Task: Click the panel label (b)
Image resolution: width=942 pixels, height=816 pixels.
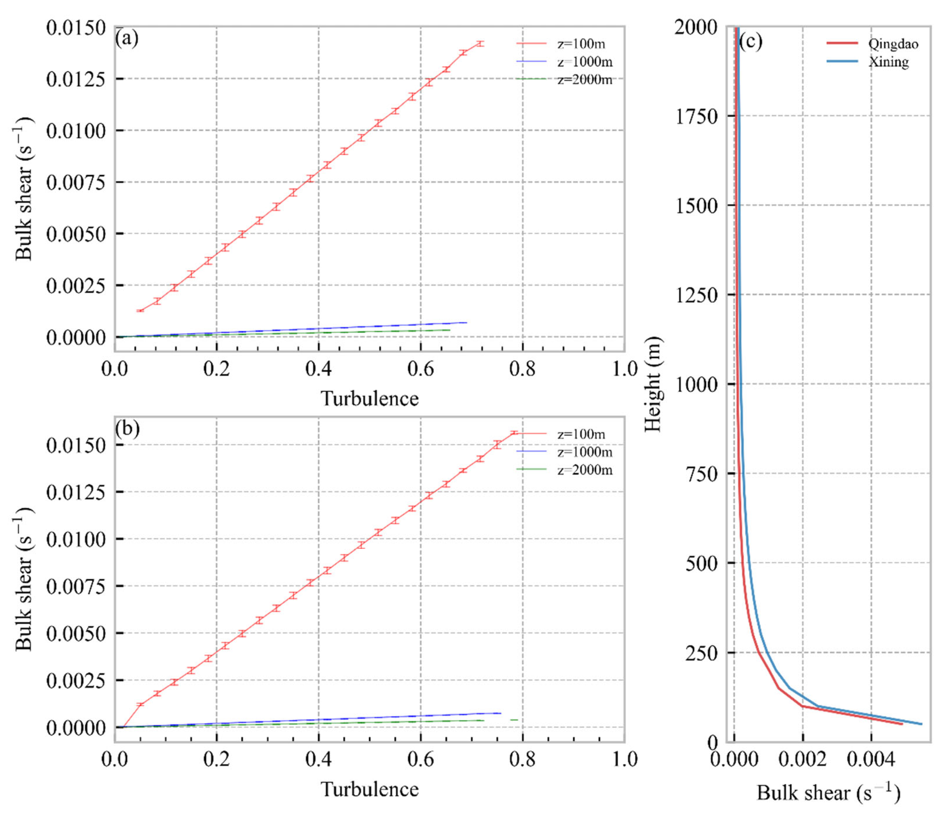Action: pos(127,428)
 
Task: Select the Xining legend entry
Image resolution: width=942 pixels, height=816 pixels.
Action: pos(888,62)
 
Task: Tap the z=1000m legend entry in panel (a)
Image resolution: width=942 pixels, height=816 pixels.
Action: pos(585,62)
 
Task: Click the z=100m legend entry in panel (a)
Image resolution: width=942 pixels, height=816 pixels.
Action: pos(581,44)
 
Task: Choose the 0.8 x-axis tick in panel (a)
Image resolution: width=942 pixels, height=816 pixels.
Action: pos(523,368)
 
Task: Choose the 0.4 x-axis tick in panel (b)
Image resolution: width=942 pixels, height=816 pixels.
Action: pos(318,758)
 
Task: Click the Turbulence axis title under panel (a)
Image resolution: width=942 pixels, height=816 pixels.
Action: pos(369,399)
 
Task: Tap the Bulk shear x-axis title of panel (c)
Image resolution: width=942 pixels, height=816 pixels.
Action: pos(828,793)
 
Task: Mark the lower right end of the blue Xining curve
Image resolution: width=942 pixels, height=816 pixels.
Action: pos(921,724)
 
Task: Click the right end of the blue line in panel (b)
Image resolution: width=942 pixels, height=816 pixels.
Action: pos(500,713)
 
